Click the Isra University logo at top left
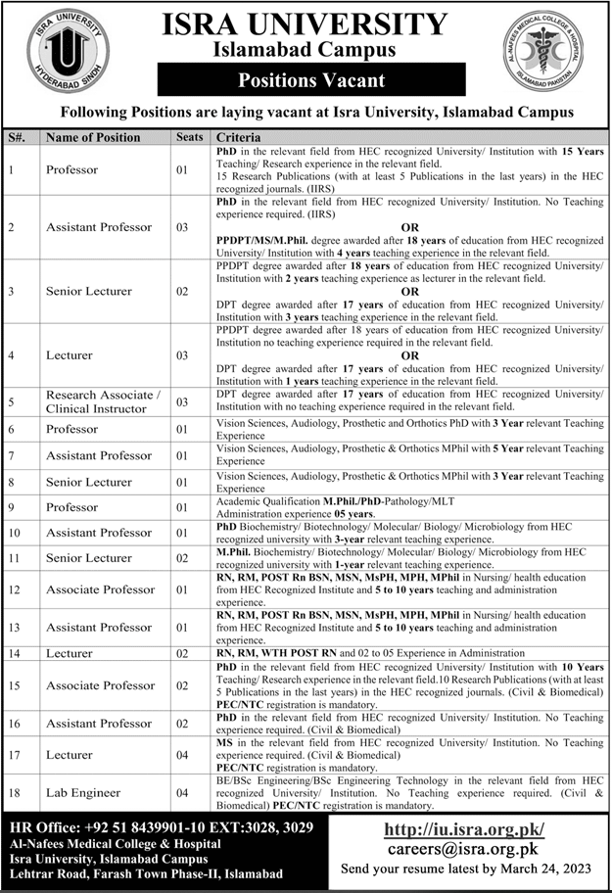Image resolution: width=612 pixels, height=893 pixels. (x=68, y=53)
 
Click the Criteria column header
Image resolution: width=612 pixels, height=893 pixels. (x=238, y=138)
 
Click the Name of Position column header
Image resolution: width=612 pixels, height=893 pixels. (x=93, y=138)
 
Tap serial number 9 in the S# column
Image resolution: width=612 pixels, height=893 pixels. (x=11, y=507)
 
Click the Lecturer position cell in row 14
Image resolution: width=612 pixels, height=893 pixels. (x=70, y=654)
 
